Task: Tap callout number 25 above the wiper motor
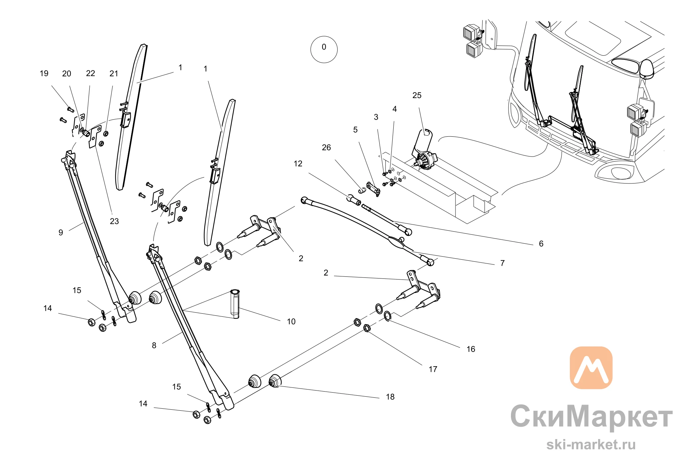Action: coord(417,96)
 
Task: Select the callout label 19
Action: coord(44,73)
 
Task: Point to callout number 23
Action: coord(114,221)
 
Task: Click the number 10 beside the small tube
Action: coord(291,322)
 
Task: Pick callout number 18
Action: coord(390,397)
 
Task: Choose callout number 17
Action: coord(433,369)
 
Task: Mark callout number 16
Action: coord(471,349)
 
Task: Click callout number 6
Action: coord(541,244)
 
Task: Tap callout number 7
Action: coord(502,263)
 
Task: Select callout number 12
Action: coord(298,164)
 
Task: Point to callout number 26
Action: coord(326,148)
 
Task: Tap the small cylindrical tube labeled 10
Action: coord(235,304)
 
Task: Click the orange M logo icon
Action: coord(591,368)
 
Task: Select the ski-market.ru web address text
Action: coord(591,445)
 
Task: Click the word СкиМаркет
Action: coord(592,416)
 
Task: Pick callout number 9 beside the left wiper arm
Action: coord(61,233)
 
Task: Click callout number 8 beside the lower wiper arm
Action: coord(154,346)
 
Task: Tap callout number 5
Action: coord(355,130)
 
